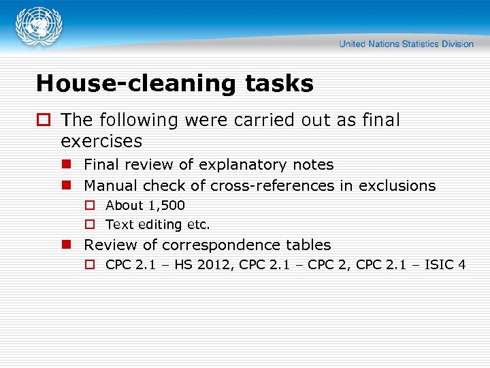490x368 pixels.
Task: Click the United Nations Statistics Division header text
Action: [x=406, y=44]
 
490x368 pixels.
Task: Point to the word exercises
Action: [x=101, y=141]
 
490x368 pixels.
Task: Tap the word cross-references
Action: [x=272, y=185]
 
